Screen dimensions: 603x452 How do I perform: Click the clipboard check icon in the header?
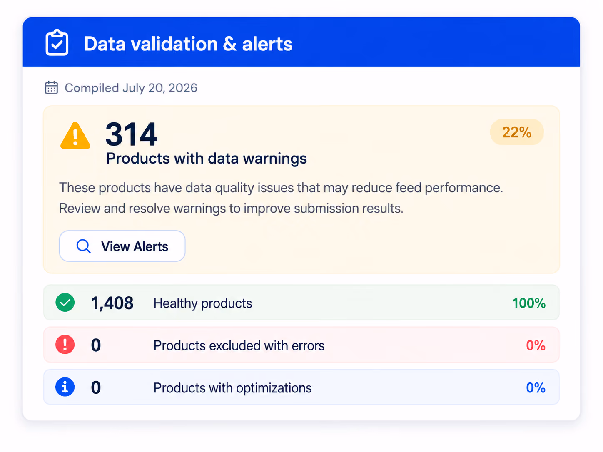pyautogui.click(x=57, y=42)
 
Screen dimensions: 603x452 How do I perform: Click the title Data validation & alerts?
pyautogui.click(x=188, y=44)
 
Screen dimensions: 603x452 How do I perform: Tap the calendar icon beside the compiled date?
pyautogui.click(x=51, y=87)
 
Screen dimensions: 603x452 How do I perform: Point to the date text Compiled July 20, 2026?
pyautogui.click(x=131, y=88)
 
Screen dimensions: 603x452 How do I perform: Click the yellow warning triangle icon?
pyautogui.click(x=75, y=136)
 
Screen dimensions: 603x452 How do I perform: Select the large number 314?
pyautogui.click(x=131, y=134)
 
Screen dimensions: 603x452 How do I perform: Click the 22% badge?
pyautogui.click(x=516, y=132)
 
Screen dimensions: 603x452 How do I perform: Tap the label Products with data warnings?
pyautogui.click(x=206, y=159)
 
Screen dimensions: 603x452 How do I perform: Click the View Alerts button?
pyautogui.click(x=122, y=246)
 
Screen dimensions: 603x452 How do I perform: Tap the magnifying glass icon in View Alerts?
pyautogui.click(x=83, y=246)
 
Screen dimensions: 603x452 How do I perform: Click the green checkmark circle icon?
pyautogui.click(x=65, y=303)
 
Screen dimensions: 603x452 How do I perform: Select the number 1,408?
pyautogui.click(x=112, y=303)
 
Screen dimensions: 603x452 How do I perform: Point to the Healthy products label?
pyautogui.click(x=203, y=303)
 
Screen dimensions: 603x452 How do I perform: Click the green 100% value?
pyautogui.click(x=529, y=303)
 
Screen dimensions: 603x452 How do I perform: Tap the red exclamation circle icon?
pyautogui.click(x=65, y=345)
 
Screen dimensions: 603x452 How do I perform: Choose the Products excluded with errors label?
pyautogui.click(x=239, y=345)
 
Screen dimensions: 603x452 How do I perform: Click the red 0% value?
pyautogui.click(x=536, y=345)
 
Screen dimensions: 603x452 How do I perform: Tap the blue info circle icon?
pyautogui.click(x=65, y=387)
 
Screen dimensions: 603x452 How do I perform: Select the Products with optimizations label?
pyautogui.click(x=232, y=388)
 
